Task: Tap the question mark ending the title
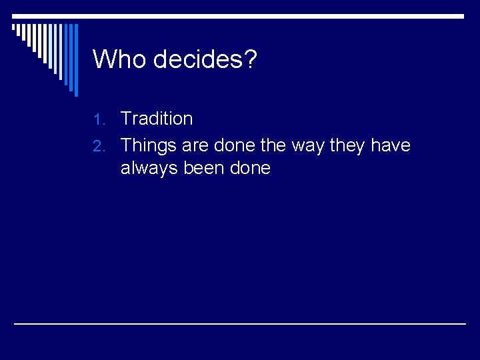coord(250,59)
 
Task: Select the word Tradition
coord(157,119)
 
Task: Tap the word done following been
coord(250,168)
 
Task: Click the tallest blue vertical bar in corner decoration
coord(75,60)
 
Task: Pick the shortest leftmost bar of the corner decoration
coord(13,28)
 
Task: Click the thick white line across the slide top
coord(240,16)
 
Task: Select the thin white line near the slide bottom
coord(240,323)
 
